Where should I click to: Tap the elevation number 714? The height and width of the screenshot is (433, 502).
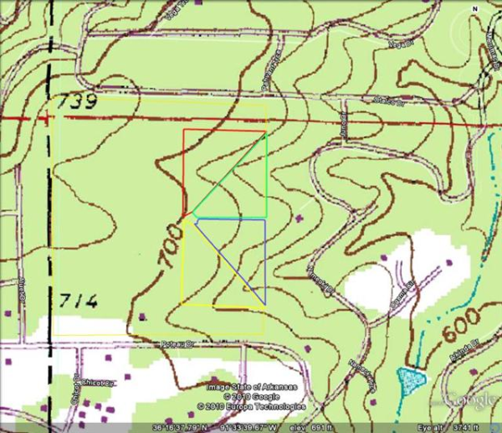[80, 301]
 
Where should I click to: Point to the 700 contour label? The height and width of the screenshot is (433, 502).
[169, 247]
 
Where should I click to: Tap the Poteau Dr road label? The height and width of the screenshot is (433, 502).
[177, 343]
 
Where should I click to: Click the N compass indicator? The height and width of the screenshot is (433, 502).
[475, 8]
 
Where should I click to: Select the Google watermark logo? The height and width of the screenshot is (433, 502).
[469, 400]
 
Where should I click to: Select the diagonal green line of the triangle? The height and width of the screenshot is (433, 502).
[230, 173]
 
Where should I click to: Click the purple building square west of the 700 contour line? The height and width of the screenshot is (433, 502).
[142, 317]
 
